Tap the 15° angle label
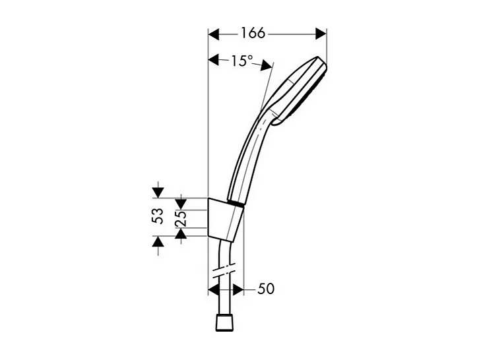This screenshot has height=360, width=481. [x=241, y=61]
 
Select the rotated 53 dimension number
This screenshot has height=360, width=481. [x=158, y=217]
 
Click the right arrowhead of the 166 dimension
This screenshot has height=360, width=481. [x=321, y=33]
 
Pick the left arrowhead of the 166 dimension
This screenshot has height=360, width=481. [x=214, y=33]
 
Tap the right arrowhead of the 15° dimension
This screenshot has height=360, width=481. [x=267, y=65]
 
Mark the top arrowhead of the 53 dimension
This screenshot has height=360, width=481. [x=158, y=192]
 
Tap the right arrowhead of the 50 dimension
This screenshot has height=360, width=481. [x=238, y=289]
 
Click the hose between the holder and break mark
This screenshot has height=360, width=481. [x=222, y=254]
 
